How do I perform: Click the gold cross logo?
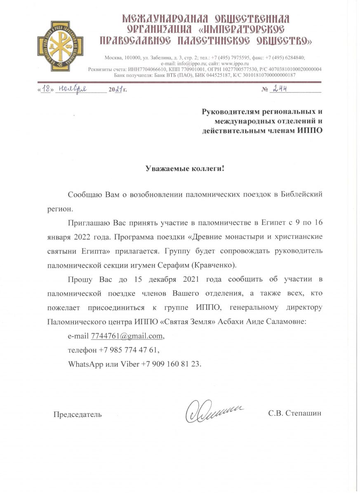pos(60,47)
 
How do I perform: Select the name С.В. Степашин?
pos(294,413)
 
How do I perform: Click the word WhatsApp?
pos(84,365)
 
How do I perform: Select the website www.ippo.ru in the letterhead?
pos(233,64)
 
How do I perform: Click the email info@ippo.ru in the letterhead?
pos(189,64)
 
